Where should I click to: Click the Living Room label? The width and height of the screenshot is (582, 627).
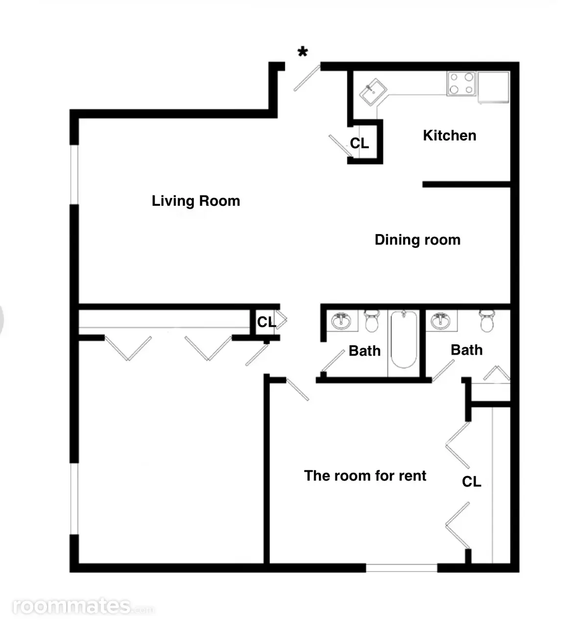pyautogui.click(x=196, y=201)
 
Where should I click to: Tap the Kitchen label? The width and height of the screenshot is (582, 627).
pyautogui.click(x=449, y=135)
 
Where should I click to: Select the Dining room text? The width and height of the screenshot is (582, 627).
pyautogui.click(x=417, y=240)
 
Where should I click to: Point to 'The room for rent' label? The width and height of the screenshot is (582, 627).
pyautogui.click(x=365, y=476)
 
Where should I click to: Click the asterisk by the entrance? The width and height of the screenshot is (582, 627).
pyautogui.click(x=303, y=51)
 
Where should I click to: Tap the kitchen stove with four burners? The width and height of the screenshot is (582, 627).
pyautogui.click(x=461, y=83)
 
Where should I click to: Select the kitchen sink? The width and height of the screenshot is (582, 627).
pyautogui.click(x=373, y=92)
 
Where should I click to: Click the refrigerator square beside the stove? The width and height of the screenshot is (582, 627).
pyautogui.click(x=493, y=88)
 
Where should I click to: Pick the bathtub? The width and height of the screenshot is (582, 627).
pyautogui.click(x=404, y=339)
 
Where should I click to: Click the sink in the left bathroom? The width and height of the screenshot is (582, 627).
pyautogui.click(x=341, y=321)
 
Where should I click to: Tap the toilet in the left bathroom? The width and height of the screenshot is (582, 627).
pyautogui.click(x=372, y=321)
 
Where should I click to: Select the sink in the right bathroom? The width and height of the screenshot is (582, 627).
pyautogui.click(x=440, y=321)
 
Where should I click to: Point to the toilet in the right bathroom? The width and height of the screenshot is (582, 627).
pyautogui.click(x=487, y=321)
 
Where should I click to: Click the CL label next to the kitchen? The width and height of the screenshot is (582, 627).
pyautogui.click(x=360, y=143)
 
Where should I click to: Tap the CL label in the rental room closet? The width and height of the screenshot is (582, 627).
pyautogui.click(x=471, y=482)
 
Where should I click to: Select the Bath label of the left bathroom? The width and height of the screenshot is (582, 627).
pyautogui.click(x=365, y=351)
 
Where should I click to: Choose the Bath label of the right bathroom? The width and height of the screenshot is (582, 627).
pyautogui.click(x=467, y=350)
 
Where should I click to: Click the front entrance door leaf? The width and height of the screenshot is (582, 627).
pyautogui.click(x=307, y=78)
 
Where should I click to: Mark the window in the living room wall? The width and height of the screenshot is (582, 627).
pyautogui.click(x=74, y=174)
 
